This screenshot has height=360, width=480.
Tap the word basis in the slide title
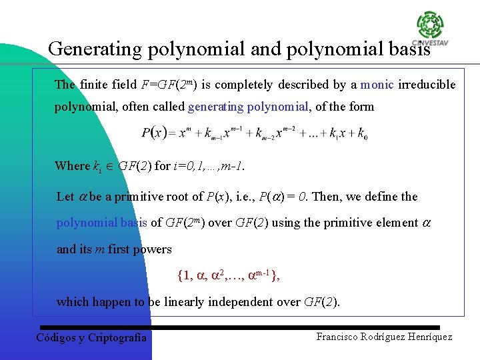click(x=408, y=49)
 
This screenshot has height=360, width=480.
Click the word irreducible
click(x=427, y=85)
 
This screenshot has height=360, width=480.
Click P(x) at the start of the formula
click(x=154, y=133)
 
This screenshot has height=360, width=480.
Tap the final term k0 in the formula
click(x=362, y=134)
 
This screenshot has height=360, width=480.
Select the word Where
click(x=72, y=166)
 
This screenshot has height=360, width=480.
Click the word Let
click(x=65, y=197)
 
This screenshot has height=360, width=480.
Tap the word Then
click(x=326, y=197)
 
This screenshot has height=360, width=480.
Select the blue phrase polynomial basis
click(x=102, y=223)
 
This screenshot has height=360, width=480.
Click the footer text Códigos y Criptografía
click(x=91, y=337)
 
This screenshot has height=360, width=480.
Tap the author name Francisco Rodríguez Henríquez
click(x=384, y=337)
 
